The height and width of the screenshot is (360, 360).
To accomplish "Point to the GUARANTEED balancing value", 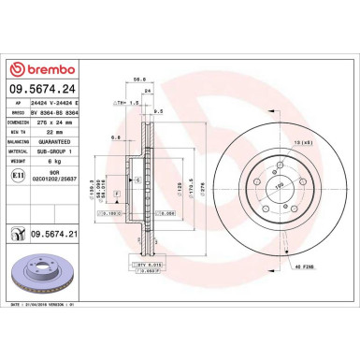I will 61,139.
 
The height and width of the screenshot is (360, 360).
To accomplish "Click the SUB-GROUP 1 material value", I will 60,148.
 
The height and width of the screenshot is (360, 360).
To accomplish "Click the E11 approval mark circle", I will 19,174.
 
